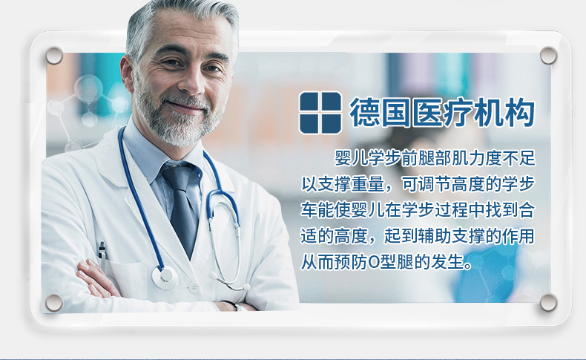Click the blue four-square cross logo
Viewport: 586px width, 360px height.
tap(320, 113)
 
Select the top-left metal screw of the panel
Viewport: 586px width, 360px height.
tap(54, 56)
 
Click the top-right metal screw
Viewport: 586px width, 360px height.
tap(548, 56)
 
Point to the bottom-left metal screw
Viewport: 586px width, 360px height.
tap(54, 302)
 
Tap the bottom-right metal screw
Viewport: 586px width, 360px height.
tap(548, 302)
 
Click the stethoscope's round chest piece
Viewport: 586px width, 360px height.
tap(165, 278)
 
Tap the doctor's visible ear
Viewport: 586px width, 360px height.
tap(128, 73)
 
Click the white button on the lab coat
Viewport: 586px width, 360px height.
tap(194, 287)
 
